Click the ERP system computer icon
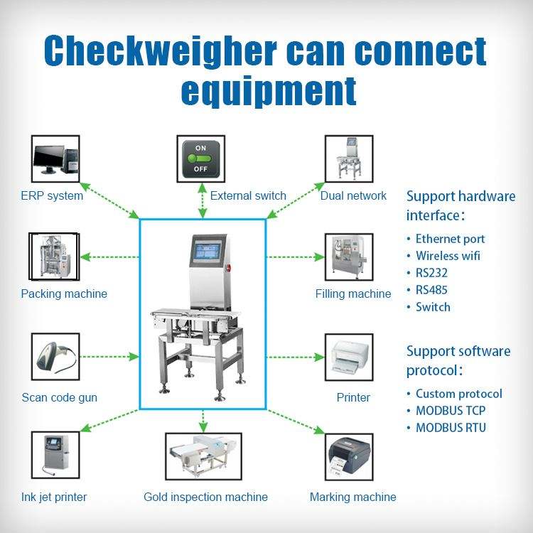56,158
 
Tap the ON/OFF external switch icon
200,158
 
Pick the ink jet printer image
55,456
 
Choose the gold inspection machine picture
203,456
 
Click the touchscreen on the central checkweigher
209,253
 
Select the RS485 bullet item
431,290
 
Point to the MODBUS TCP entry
451,410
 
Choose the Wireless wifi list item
448,256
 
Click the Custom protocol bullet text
458,393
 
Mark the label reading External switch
248,195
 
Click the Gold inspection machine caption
205,497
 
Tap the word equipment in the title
269,91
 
